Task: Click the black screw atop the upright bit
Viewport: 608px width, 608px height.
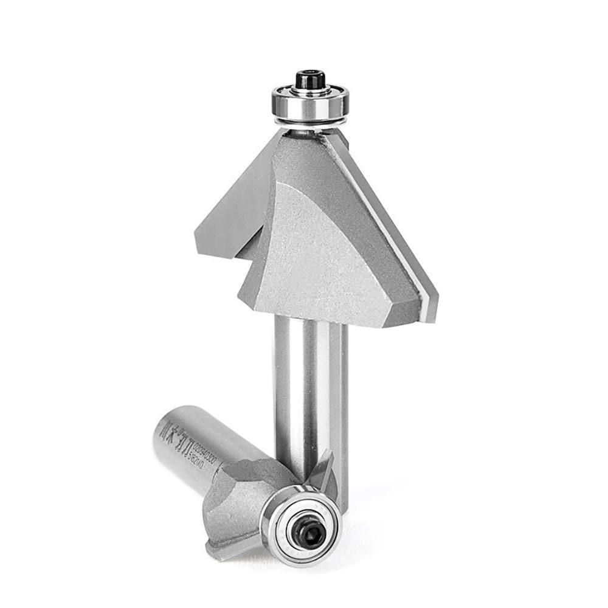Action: click(310, 79)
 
